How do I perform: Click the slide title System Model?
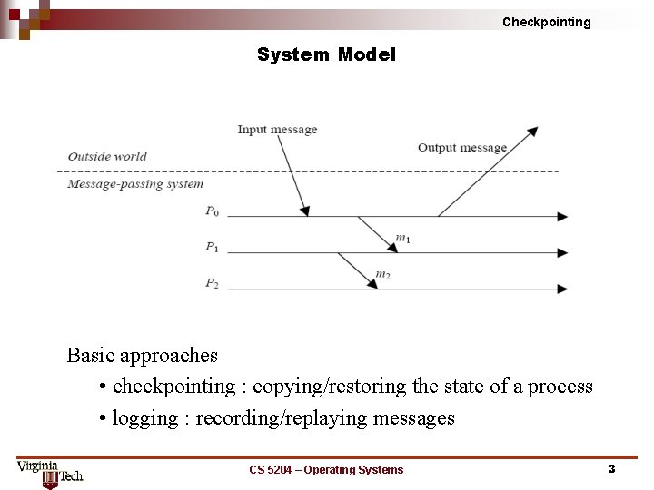[326, 54]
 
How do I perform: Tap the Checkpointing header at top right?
[546, 22]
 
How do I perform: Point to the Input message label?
[277, 129]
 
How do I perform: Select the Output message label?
[461, 147]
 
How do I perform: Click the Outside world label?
[107, 156]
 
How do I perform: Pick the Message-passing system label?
[135, 184]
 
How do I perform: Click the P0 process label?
[212, 211]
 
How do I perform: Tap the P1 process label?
[212, 247]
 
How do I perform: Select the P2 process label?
[212, 283]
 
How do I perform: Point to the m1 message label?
[402, 239]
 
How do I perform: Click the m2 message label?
[382, 274]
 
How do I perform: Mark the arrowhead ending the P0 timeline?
[563, 217]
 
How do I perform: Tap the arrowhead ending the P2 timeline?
[563, 289]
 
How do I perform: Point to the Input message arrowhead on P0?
[305, 211]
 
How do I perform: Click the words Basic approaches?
[143, 355]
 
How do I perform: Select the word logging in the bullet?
[145, 418]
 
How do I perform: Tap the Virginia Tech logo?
[50, 473]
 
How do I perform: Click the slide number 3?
[611, 469]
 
